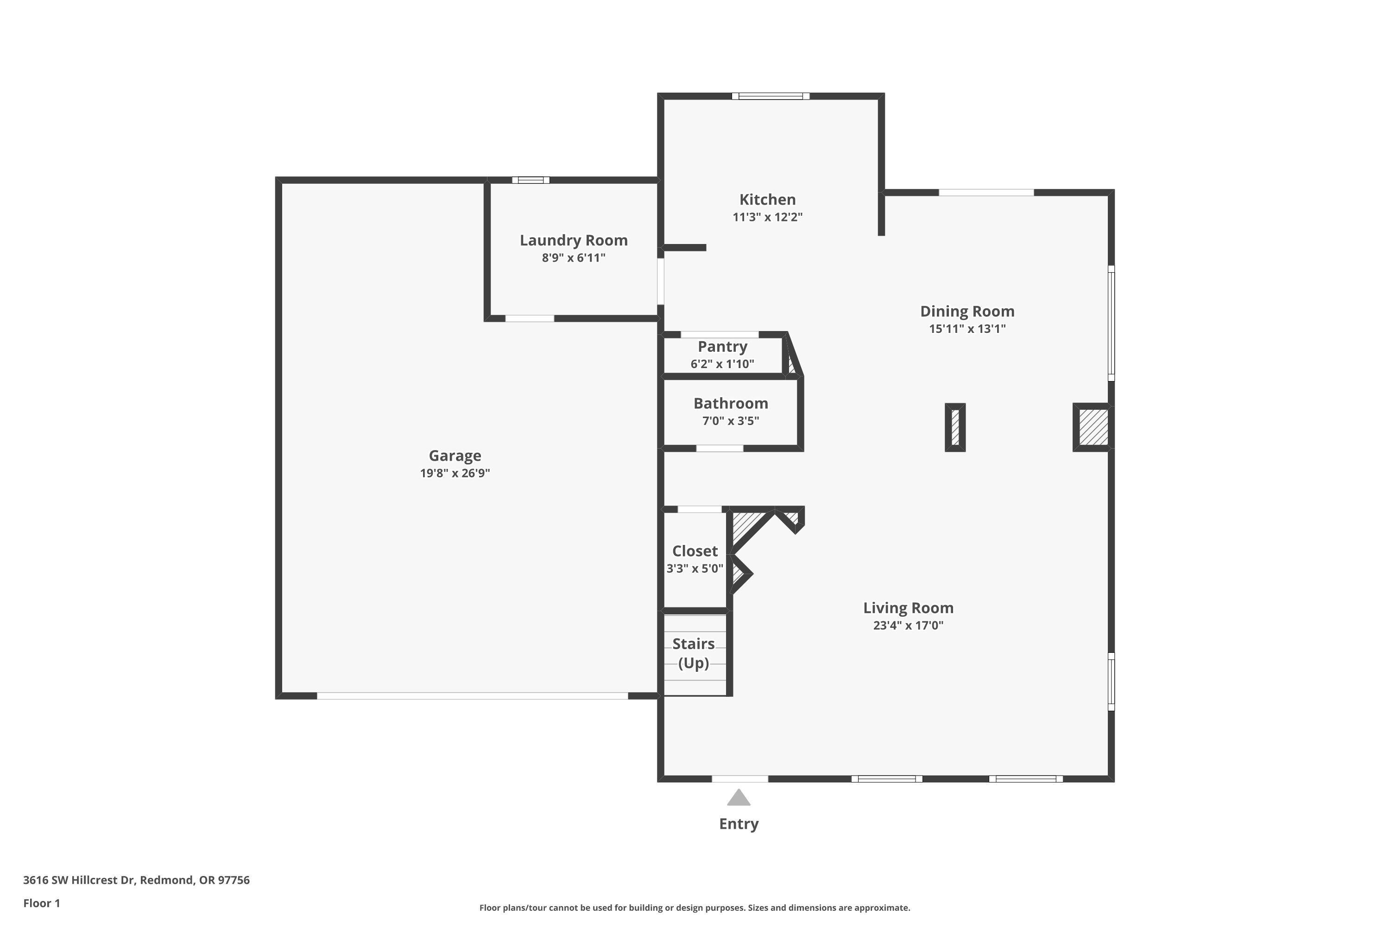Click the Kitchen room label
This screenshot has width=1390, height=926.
[767, 200]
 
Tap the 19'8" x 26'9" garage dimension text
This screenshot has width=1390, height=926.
[455, 473]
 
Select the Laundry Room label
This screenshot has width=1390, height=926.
[573, 240]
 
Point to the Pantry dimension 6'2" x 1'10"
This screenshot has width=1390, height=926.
[722, 364]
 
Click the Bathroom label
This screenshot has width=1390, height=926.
[731, 403]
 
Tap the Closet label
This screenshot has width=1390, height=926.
[695, 551]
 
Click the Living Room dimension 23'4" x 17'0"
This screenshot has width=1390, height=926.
[908, 626]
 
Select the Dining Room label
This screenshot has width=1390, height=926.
[967, 311]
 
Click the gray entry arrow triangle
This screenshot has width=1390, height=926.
[738, 798]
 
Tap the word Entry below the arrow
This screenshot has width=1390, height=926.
[738, 824]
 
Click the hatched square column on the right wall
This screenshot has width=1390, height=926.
[1093, 427]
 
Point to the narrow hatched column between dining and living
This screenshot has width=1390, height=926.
[955, 427]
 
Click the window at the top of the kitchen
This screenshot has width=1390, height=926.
[770, 96]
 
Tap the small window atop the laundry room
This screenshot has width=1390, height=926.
[530, 180]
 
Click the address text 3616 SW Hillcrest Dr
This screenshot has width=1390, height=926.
[136, 880]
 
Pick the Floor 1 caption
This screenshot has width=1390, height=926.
[41, 903]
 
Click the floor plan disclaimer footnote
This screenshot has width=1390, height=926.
[695, 907]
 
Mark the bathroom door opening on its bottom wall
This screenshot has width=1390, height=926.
[719, 448]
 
